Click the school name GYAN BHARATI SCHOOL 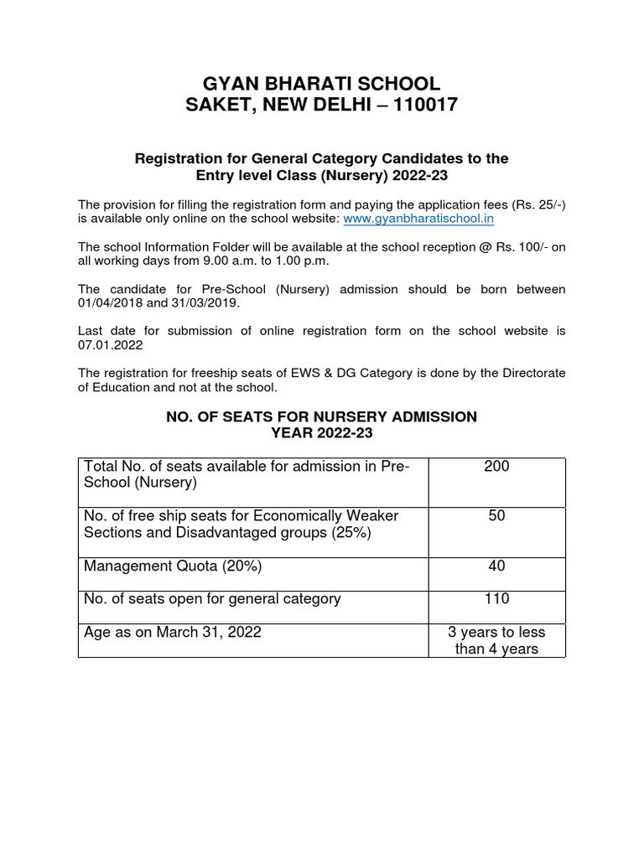[x=322, y=83]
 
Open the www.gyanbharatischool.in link [x=418, y=218]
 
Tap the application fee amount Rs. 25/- [x=537, y=204]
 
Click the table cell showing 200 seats [x=496, y=467]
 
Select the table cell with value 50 [x=496, y=516]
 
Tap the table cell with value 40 [x=496, y=566]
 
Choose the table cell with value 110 [x=496, y=599]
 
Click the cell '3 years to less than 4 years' [x=496, y=641]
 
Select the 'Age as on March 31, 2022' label [x=173, y=633]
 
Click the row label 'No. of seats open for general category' [x=212, y=599]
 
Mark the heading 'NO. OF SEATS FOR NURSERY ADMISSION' [x=322, y=416]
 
